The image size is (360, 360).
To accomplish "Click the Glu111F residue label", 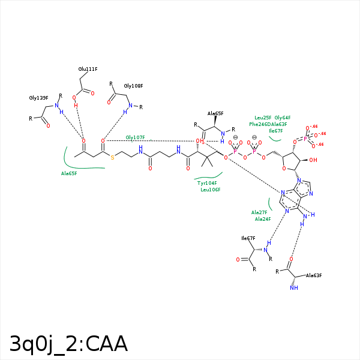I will tap(88, 69).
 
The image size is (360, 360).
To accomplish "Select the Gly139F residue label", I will tap(38, 97).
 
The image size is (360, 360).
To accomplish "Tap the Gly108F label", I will tap(133, 86).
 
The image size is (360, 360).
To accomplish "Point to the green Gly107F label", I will tap(135, 137).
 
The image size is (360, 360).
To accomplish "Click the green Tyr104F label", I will tap(207, 183).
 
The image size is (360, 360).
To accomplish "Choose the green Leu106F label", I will tap(211, 190).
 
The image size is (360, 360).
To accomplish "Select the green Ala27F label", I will tap(259, 212).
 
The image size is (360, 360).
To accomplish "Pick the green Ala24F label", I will tap(263, 219).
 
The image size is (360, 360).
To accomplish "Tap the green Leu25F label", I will tap(263, 118).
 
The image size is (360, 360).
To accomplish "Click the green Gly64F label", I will tap(283, 118).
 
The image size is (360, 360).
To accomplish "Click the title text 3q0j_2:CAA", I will tap(68, 343).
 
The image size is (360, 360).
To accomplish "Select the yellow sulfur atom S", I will tap(112, 157).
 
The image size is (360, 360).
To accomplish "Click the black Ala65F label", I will tap(215, 113).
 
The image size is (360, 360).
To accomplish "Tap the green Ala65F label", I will tap(69, 173).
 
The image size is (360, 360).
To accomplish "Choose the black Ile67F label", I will tap(248, 238).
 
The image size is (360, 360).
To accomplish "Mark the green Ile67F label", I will tap(276, 131).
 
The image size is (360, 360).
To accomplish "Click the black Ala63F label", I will tap(314, 275).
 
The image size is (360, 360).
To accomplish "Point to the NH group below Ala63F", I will tap(293, 289).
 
